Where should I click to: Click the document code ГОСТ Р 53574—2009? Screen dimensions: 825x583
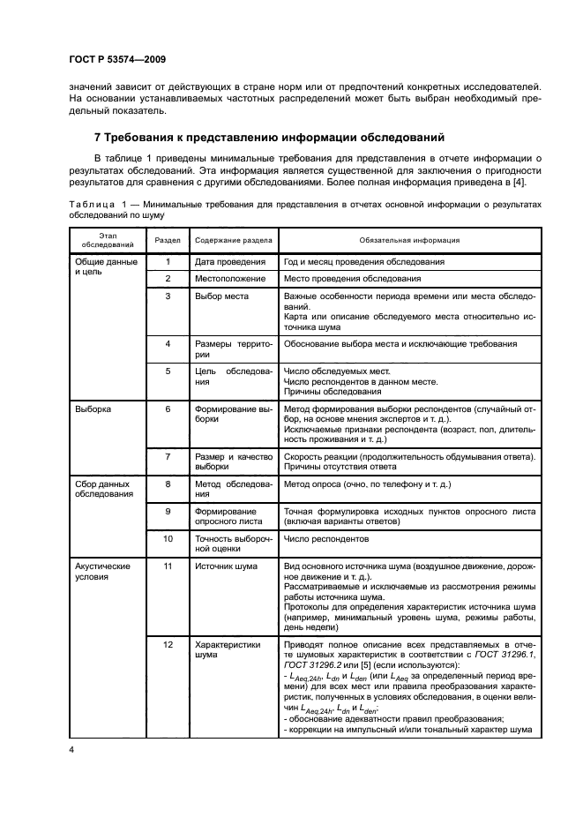[x=117, y=59]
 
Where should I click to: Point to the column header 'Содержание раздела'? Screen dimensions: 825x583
[x=234, y=240]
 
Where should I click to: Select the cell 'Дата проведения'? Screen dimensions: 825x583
[x=230, y=262]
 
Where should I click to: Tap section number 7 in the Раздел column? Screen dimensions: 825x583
[x=168, y=456]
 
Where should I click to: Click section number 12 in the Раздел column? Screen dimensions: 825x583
[x=168, y=644]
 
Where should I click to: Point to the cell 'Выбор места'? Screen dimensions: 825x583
[x=221, y=296]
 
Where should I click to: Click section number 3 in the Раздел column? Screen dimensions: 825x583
[x=168, y=296]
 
